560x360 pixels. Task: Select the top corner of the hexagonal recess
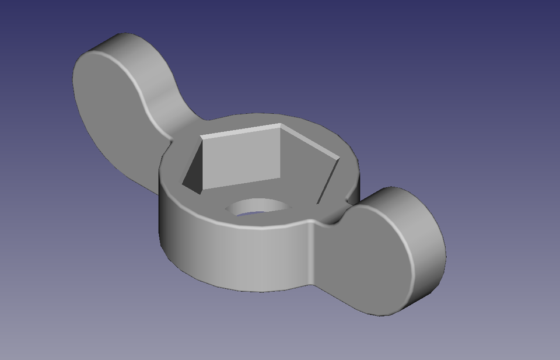tap(281, 124)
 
